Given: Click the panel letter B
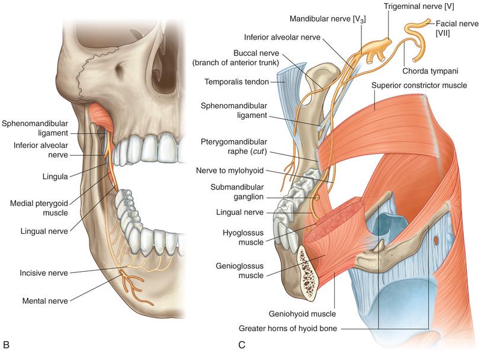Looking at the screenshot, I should (7, 343).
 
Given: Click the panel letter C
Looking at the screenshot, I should (242, 343).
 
